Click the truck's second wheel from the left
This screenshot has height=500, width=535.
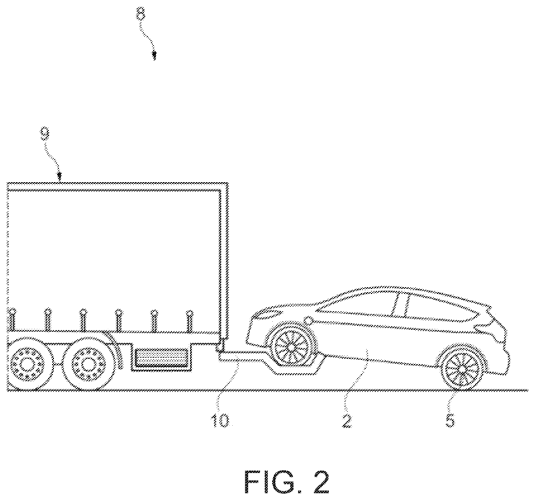click(x=87, y=365)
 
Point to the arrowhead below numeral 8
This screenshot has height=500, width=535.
click(x=154, y=56)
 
